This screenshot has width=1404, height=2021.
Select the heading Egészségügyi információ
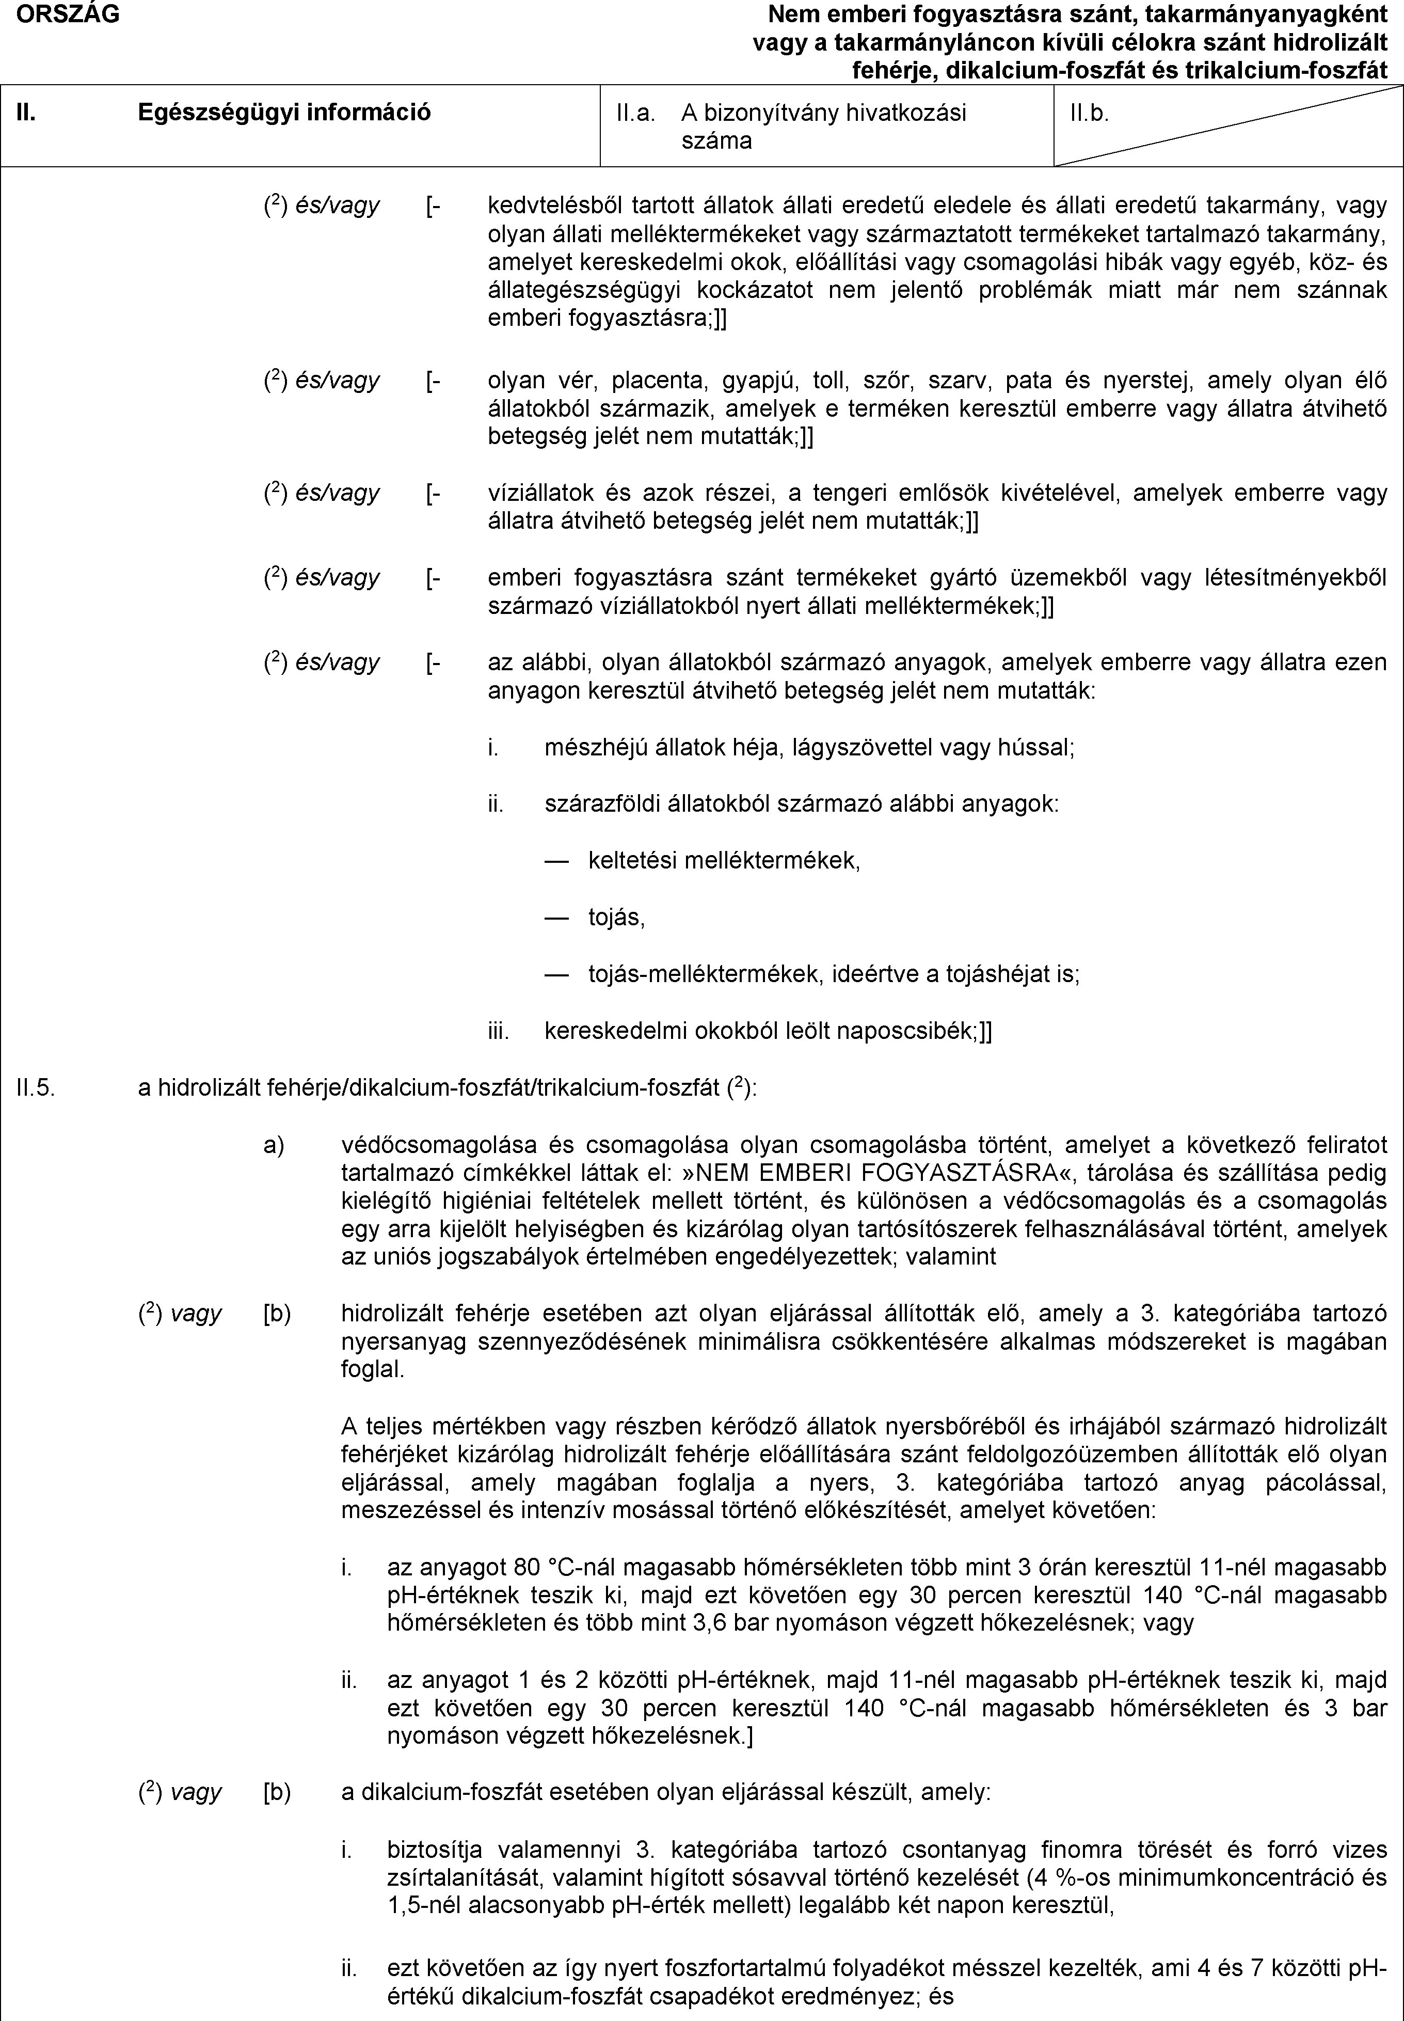(x=284, y=112)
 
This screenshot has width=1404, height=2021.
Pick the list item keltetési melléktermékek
(x=723, y=860)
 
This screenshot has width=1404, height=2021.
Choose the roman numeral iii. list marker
(x=499, y=1031)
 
